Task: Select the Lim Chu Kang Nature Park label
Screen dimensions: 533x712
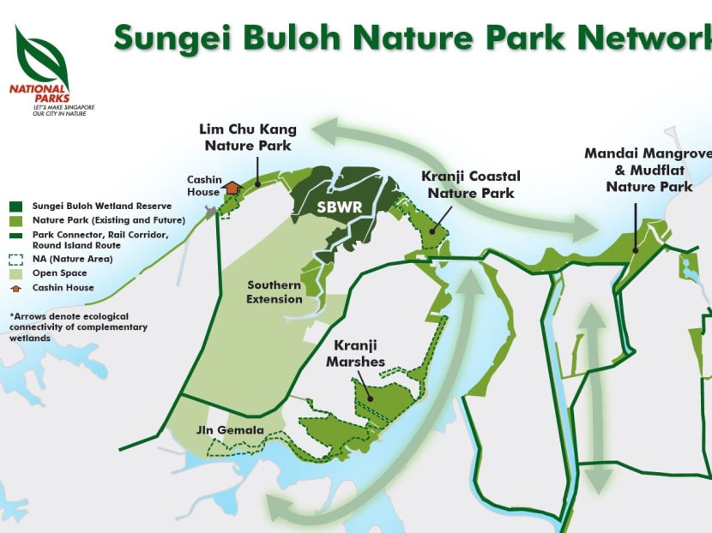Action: pos(248,137)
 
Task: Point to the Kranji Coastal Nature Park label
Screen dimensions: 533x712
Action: pos(470,184)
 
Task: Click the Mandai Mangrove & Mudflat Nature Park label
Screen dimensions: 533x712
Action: pos(648,169)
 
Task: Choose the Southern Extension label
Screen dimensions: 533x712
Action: pos(275,291)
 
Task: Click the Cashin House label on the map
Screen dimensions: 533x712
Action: pos(205,186)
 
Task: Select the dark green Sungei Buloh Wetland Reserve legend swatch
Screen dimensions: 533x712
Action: pos(16,206)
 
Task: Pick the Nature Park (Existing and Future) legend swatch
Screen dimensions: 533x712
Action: pos(16,220)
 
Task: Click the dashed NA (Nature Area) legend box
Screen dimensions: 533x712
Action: pos(16,258)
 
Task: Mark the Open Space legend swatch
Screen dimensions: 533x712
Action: pos(16,273)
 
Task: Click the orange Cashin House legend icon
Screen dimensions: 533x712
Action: pos(16,288)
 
